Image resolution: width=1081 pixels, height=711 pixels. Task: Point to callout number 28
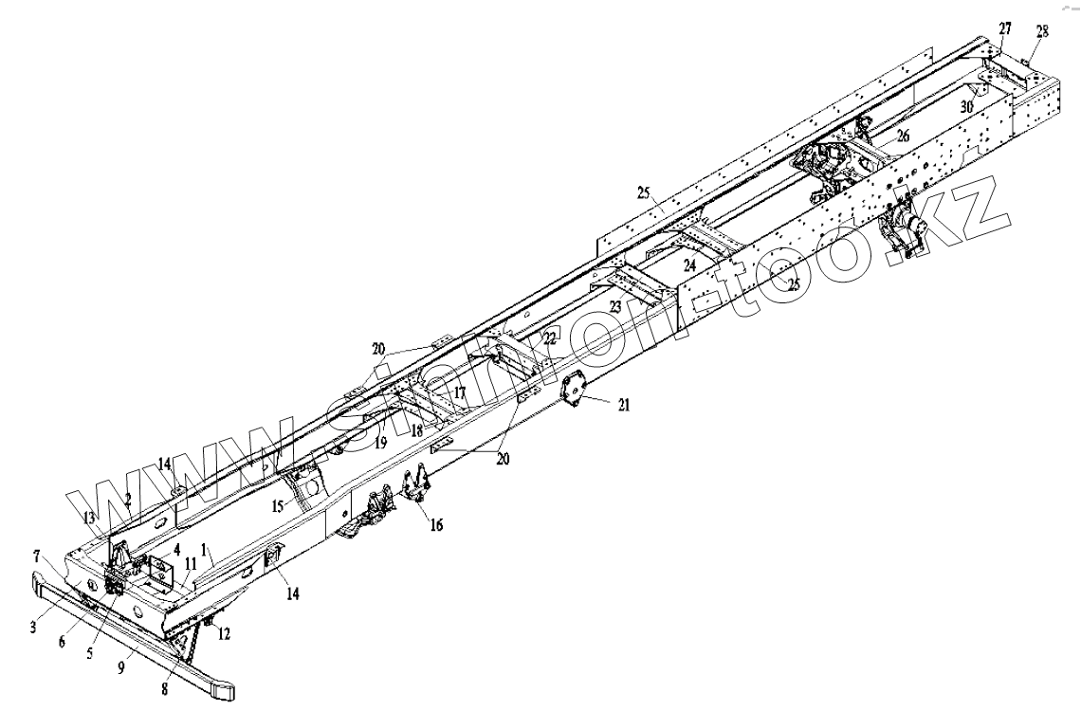point(1041,31)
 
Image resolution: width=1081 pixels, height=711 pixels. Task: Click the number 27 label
point(1004,29)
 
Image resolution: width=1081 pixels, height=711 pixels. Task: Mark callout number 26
point(903,137)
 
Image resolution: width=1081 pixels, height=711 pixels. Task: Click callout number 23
point(615,306)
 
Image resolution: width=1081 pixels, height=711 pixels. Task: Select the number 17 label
point(459,391)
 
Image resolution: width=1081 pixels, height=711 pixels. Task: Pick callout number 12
point(223,632)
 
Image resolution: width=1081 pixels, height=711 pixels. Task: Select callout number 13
point(89,517)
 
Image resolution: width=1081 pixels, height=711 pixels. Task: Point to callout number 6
point(63,642)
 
